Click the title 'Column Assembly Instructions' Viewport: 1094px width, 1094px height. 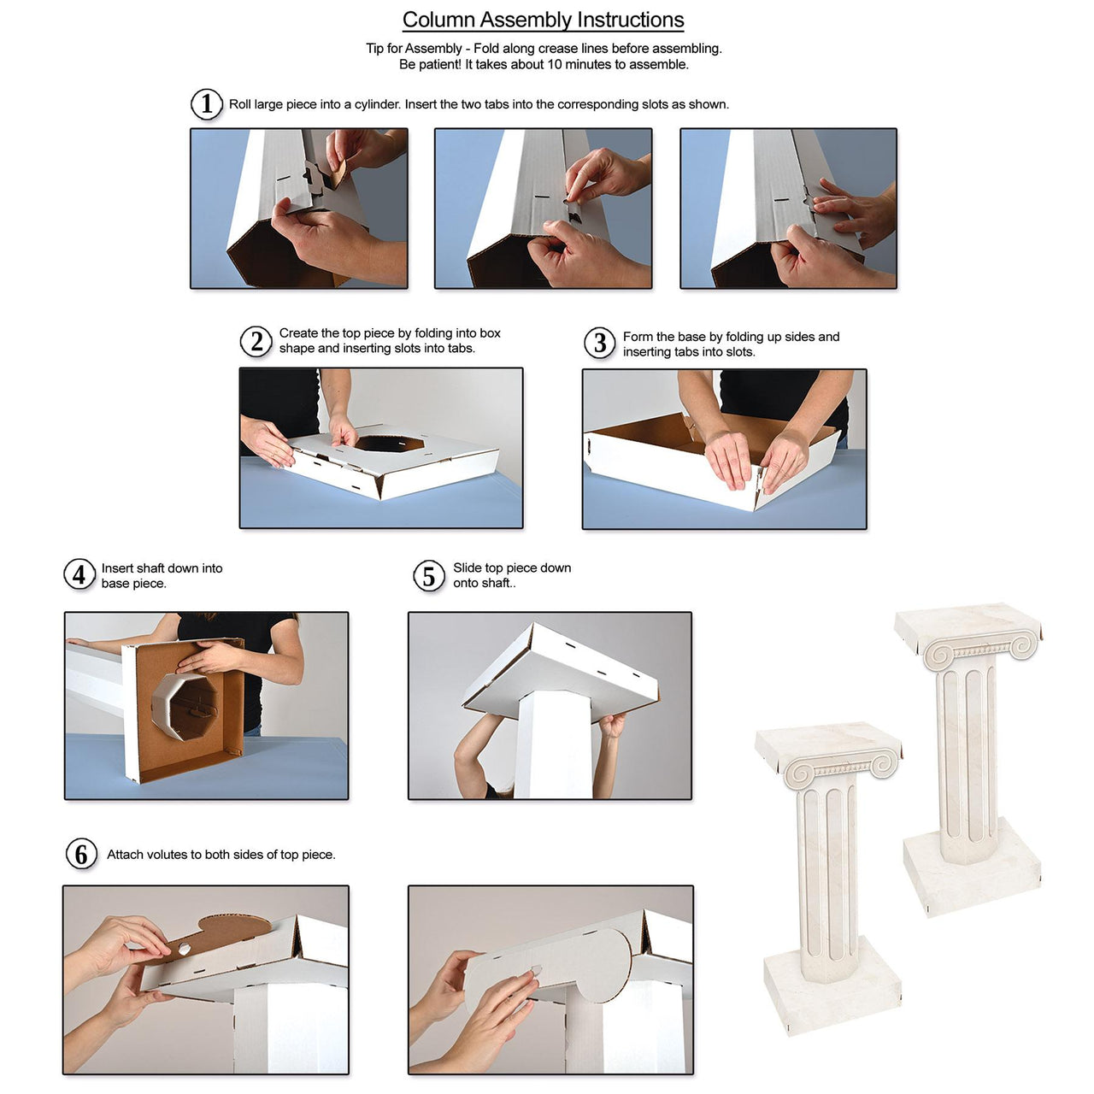coord(543,20)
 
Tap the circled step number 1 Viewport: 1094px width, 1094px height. coord(206,104)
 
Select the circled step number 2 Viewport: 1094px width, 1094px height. coord(256,341)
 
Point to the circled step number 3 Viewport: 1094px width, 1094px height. coord(600,344)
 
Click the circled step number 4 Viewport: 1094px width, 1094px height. coord(79,575)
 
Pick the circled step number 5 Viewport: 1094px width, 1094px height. coord(429,576)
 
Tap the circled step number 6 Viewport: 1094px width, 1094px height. coord(81,854)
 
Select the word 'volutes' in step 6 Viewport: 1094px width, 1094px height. coord(167,855)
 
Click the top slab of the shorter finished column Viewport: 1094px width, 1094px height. coord(827,742)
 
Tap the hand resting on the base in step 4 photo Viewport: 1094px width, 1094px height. coord(208,657)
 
